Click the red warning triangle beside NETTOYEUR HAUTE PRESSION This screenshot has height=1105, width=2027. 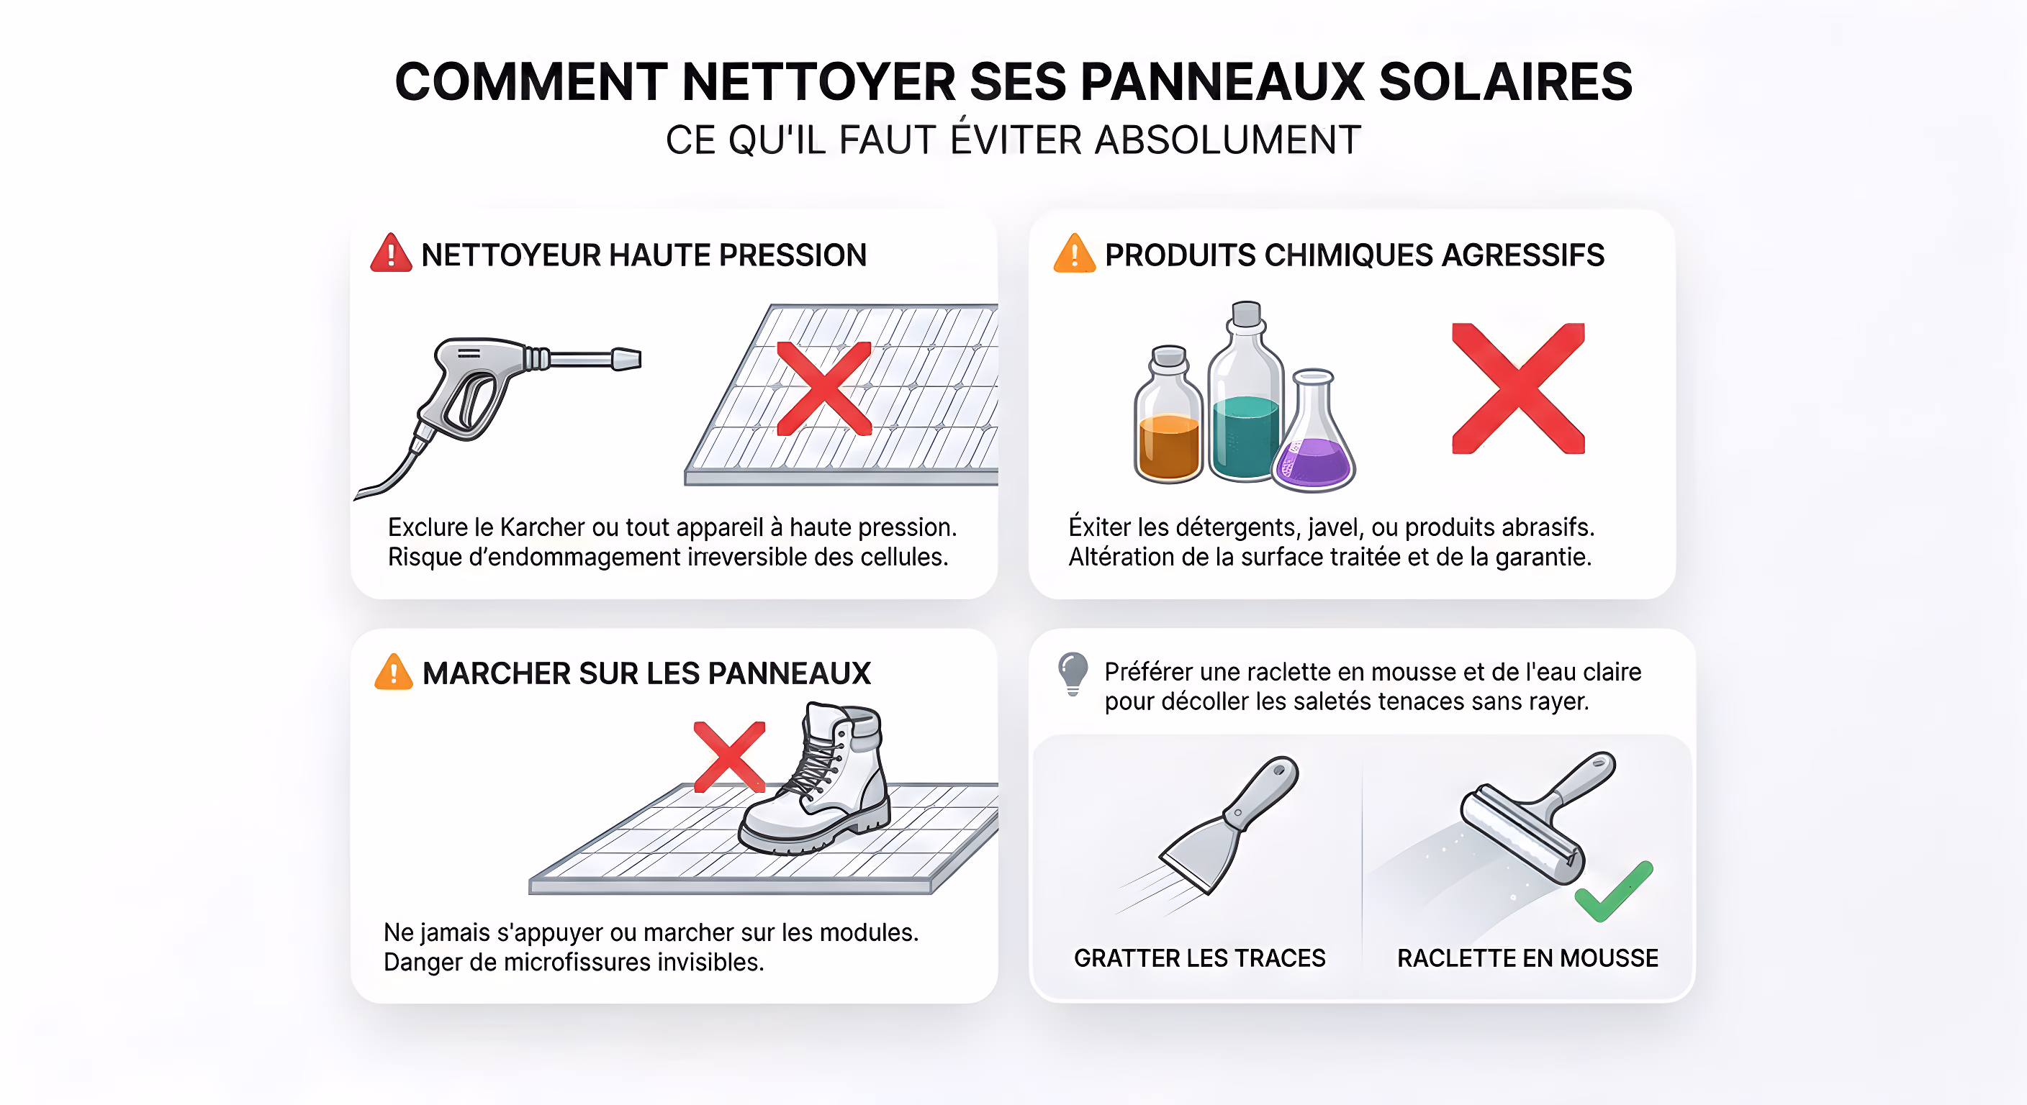coord(391,254)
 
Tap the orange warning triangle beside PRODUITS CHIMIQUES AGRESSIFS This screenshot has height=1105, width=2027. coord(1074,254)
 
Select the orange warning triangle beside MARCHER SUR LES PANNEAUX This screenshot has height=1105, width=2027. coord(394,673)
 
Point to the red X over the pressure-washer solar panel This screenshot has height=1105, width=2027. coord(824,388)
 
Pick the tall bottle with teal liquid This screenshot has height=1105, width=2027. coord(1245,394)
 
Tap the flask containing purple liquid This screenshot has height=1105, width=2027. coord(1314,432)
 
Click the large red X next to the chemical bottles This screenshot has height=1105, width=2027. coord(1518,388)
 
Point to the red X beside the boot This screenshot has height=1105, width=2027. coord(729,757)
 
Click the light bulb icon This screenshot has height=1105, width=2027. coord(1073,673)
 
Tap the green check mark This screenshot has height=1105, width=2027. coord(1613,893)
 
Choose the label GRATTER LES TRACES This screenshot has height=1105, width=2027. coord(1199,958)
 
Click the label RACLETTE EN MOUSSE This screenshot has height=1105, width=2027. coord(1527,958)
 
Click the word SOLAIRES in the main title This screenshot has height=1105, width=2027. coord(1505,82)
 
